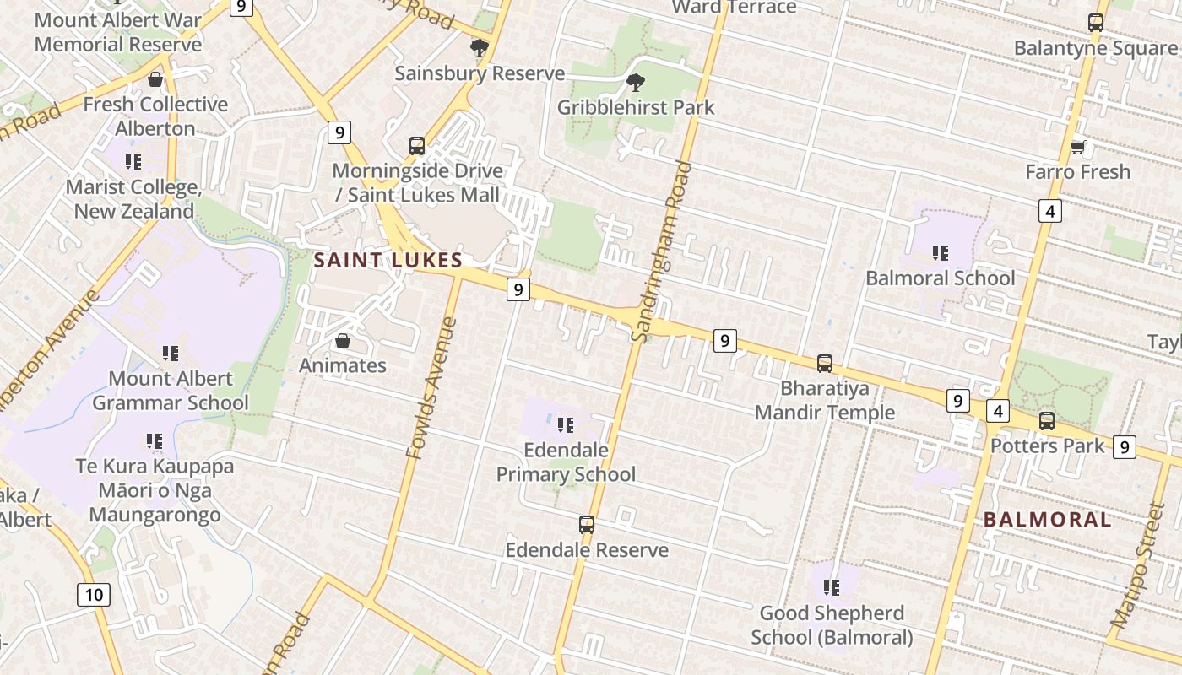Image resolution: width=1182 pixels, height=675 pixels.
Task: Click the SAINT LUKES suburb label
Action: click(x=388, y=260)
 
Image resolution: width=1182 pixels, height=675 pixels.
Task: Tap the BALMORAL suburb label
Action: click(x=1047, y=519)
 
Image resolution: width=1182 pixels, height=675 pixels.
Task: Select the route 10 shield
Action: click(x=94, y=595)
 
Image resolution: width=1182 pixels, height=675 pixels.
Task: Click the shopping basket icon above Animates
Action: click(x=343, y=341)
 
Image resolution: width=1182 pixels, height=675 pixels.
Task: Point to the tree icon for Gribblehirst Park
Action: click(x=636, y=83)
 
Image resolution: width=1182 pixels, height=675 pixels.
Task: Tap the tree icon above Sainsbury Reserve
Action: click(x=480, y=48)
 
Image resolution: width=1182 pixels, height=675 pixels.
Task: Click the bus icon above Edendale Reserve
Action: click(x=587, y=525)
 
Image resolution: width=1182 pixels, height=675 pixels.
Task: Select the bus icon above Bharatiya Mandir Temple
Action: click(x=825, y=364)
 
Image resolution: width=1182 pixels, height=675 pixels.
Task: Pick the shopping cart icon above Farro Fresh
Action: click(x=1077, y=148)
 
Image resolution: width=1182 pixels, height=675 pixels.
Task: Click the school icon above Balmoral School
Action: click(x=940, y=252)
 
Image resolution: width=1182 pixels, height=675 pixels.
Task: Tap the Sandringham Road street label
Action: click(x=661, y=251)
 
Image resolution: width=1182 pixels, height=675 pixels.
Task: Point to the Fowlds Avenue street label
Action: click(x=431, y=388)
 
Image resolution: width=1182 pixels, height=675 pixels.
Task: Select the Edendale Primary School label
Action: click(x=566, y=462)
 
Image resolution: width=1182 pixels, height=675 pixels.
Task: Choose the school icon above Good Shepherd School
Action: click(x=832, y=587)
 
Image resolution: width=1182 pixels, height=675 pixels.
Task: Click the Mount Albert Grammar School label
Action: click(x=170, y=391)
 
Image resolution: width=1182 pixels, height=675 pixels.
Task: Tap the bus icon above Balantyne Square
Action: click(x=1096, y=23)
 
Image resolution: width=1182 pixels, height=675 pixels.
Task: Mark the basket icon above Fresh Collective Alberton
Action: click(x=155, y=80)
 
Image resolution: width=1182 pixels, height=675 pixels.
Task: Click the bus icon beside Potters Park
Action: click(x=1047, y=420)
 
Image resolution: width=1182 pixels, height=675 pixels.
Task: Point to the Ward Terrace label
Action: click(x=734, y=8)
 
